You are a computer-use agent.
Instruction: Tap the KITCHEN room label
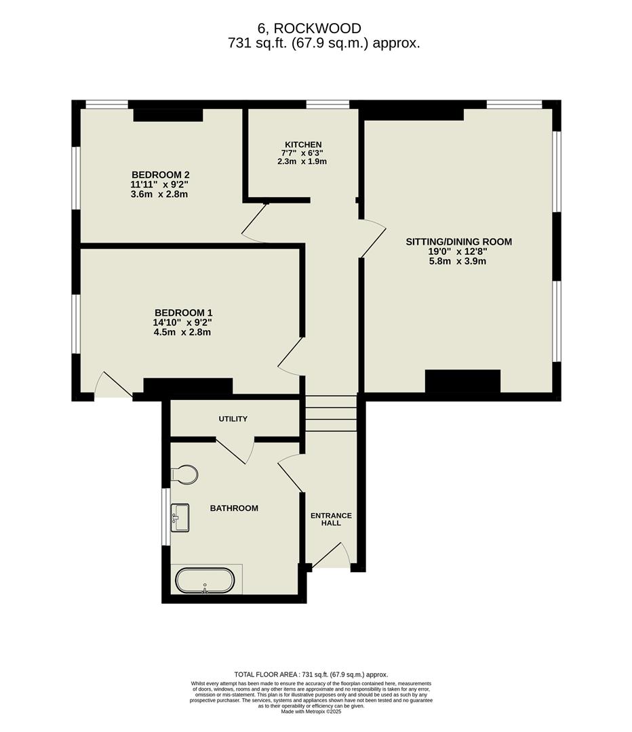point(303,144)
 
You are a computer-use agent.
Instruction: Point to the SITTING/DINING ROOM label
point(458,241)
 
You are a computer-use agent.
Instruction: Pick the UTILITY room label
point(233,419)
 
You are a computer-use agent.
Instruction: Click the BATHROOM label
point(234,508)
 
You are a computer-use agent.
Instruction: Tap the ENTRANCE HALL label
point(331,519)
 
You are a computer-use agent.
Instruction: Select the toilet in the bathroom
point(184,474)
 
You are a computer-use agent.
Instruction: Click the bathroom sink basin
point(180,517)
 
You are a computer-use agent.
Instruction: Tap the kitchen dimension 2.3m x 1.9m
point(303,161)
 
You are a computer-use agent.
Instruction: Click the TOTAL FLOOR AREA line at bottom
point(311,674)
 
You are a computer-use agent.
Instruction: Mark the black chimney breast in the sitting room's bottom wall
point(462,381)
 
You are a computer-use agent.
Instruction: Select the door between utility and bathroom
point(234,451)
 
